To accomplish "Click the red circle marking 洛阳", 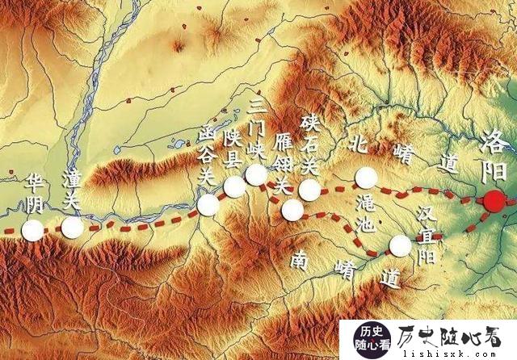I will pyautogui.click(x=493, y=202).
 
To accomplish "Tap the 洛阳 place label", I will pyautogui.click(x=493, y=157).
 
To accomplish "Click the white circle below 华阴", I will pyautogui.click(x=33, y=231).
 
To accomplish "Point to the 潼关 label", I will pyautogui.click(x=71, y=190).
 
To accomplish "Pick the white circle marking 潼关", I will pyautogui.click(x=72, y=228).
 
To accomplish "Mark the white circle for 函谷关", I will pyautogui.click(x=208, y=205).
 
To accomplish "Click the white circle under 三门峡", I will pyautogui.click(x=257, y=174).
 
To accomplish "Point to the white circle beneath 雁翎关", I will pyautogui.click(x=292, y=210).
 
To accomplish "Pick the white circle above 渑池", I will pyautogui.click(x=366, y=178).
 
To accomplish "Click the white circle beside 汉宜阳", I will pyautogui.click(x=400, y=245).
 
